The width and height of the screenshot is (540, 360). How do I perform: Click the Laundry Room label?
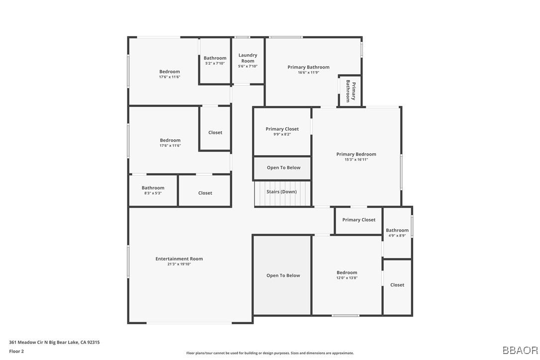(248, 58)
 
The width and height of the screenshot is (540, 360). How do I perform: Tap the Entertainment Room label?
(179, 259)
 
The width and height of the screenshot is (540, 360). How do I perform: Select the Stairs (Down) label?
(281, 192)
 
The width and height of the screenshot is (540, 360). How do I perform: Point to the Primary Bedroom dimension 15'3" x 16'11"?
(356, 160)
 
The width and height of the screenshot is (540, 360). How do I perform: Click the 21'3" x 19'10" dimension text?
(179, 264)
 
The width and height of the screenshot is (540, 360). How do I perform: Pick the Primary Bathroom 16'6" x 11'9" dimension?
(308, 73)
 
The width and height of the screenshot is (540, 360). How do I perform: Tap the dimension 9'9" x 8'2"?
(282, 135)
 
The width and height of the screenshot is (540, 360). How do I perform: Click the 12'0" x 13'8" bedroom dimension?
(347, 278)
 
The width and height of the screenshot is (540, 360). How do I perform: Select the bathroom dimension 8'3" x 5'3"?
(153, 193)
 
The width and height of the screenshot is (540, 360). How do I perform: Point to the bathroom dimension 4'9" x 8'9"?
(397, 236)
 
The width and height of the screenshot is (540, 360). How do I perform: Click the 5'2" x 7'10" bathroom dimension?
(215, 63)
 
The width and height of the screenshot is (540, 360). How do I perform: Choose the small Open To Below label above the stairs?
(283, 168)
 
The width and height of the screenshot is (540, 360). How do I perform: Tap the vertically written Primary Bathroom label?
(351, 91)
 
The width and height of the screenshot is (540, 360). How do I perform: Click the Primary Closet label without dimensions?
(359, 220)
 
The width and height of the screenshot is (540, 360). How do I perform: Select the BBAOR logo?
(520, 350)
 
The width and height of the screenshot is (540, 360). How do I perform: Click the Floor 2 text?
(16, 351)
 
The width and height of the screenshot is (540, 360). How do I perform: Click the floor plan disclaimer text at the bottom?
(270, 353)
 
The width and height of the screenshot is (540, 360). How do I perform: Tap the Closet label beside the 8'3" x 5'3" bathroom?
(205, 193)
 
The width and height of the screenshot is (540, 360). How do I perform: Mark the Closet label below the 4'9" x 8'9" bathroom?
(397, 285)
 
